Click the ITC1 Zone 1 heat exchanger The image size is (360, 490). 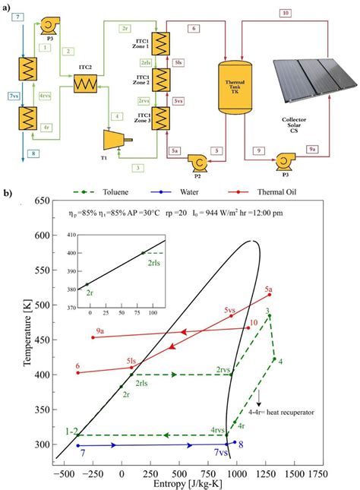160,43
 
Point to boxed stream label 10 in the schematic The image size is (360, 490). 285,13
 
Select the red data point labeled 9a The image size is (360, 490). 93,337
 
